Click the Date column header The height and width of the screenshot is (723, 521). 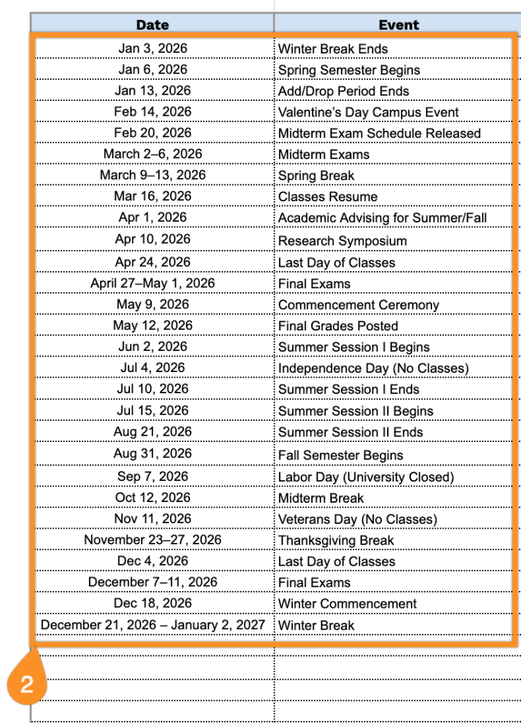152,25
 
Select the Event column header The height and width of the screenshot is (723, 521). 398,25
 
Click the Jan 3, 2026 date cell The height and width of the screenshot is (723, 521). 153,49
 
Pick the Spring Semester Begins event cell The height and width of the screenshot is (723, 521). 349,70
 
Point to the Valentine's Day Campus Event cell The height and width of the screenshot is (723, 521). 369,112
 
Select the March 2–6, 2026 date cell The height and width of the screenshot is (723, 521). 152,154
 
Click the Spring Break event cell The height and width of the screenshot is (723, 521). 316,176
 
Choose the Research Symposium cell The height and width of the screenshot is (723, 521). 342,241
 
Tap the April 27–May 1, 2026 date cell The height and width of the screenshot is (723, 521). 152,283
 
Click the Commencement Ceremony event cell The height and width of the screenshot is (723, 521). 359,305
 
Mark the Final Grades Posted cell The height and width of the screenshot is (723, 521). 338,326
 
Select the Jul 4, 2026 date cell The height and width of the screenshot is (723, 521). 152,367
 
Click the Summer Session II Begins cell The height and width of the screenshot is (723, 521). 356,411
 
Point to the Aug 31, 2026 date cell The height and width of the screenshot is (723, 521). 152,453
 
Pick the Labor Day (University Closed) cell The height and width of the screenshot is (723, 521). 366,477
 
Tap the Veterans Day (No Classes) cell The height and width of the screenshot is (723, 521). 357,520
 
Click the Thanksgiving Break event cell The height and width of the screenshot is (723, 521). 336,541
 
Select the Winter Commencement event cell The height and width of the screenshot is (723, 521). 347,604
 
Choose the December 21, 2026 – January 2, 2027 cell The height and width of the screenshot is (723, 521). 152,625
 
